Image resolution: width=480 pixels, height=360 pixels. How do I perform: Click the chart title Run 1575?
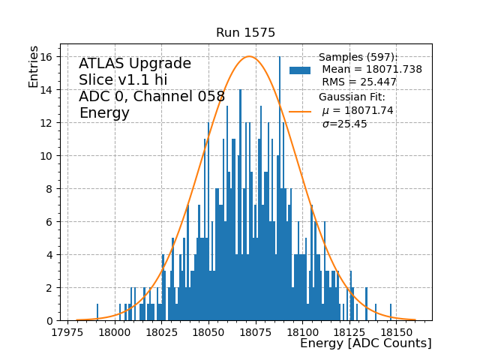pos(245,33)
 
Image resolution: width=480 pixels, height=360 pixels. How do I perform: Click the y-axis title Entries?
pos(34,65)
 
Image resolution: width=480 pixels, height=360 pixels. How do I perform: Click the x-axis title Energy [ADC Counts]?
pos(365,343)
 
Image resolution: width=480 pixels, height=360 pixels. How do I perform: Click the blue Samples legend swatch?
pos(300,70)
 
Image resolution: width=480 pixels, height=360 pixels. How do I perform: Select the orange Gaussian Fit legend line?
pos(300,111)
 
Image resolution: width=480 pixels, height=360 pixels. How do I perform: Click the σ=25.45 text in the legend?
pos(344,124)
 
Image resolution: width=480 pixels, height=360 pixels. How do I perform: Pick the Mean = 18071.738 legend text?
pos(371,69)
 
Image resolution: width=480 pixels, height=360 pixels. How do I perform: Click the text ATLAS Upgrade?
pos(135,64)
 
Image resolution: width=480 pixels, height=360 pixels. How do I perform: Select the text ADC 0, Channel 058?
pos(151,97)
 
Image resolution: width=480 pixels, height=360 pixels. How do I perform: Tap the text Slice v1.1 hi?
pos(123,80)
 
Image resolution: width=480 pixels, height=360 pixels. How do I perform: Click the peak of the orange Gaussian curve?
pos(249,56)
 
